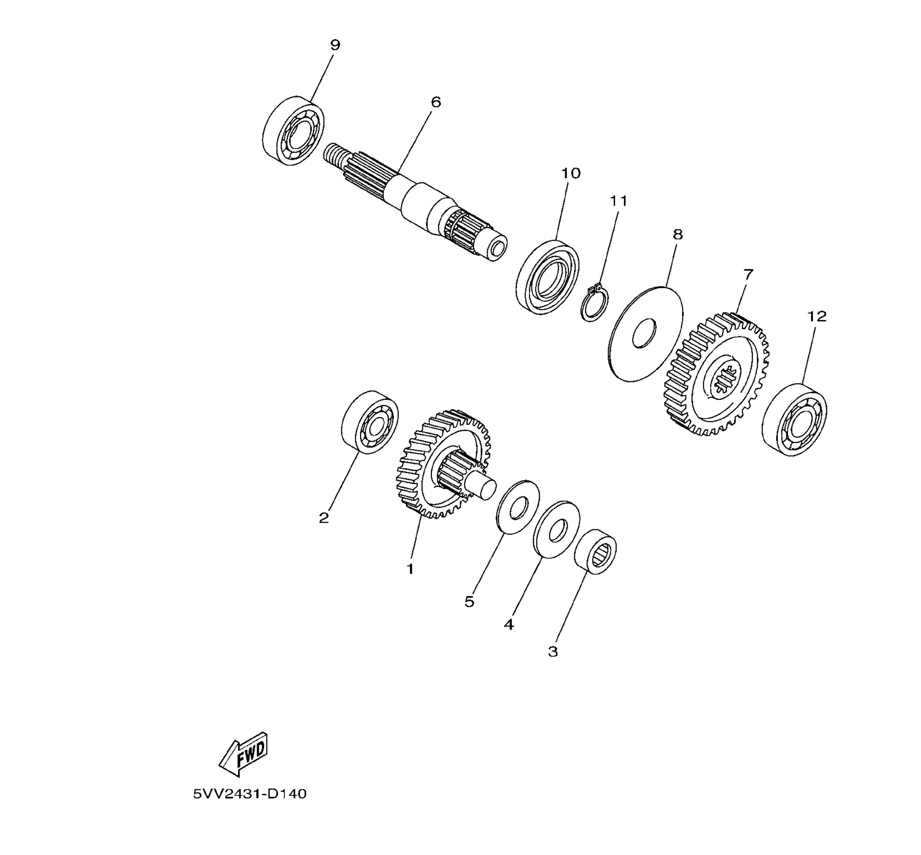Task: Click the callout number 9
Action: pos(335,45)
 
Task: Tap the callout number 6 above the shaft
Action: pos(436,102)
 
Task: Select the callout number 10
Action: pos(571,173)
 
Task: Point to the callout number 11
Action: pos(618,201)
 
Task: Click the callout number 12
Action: pos(817,317)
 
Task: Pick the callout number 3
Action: pos(553,652)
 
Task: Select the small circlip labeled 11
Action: pos(595,303)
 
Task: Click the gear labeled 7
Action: pos(716,374)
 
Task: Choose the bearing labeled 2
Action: pos(370,422)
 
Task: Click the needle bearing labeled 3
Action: pos(595,552)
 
